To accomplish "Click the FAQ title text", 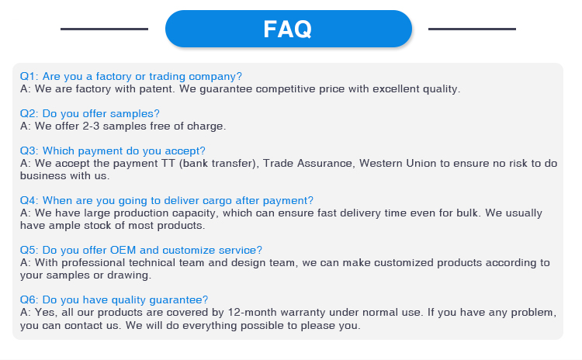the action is pos(288,29).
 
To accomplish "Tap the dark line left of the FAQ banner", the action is pos(104,29).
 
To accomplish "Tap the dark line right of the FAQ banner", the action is pos(472,29).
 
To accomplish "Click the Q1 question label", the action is pos(29,76).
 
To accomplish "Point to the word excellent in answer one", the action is pos(396,89).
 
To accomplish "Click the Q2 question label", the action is pos(29,113).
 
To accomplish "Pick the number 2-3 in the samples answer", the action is pos(91,126).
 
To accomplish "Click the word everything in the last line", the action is pos(210,326).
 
